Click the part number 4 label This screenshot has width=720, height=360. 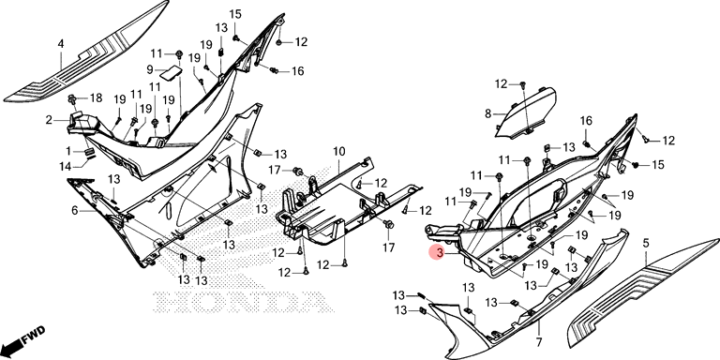[x=61, y=44]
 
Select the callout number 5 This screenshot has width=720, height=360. [x=646, y=244]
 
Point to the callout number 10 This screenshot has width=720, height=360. [x=338, y=151]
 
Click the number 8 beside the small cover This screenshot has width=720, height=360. [x=487, y=113]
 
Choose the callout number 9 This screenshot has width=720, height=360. [x=150, y=69]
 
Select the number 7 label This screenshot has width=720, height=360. [x=539, y=342]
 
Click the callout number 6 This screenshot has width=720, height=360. [x=75, y=211]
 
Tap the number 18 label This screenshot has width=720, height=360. [x=96, y=97]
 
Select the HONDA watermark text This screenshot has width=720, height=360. [x=243, y=301]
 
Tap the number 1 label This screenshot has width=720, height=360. [x=68, y=151]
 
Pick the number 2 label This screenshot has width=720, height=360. [x=49, y=120]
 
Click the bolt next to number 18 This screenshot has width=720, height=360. [x=71, y=98]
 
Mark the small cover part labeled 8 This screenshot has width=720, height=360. [x=526, y=112]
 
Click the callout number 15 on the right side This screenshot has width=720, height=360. [x=658, y=164]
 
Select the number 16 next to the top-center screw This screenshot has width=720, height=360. [x=297, y=71]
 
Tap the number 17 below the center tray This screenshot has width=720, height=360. [x=388, y=247]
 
